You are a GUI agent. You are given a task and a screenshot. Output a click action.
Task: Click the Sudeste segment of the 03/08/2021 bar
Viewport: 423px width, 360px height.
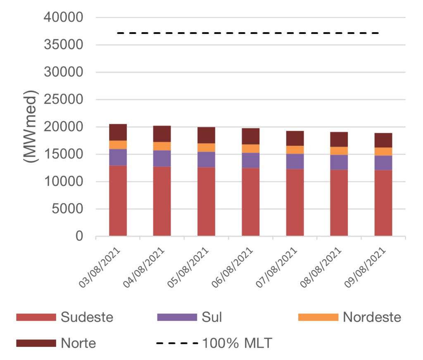click(x=118, y=201)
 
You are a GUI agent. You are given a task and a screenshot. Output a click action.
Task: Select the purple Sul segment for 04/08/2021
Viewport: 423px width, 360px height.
click(x=162, y=159)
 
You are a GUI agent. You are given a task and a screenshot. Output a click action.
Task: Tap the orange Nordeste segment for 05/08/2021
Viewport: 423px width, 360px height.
click(x=206, y=147)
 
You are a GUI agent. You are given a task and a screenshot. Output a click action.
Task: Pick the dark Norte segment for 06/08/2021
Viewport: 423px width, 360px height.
click(x=251, y=136)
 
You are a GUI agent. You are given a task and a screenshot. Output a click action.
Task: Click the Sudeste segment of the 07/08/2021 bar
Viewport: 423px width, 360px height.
click(x=295, y=202)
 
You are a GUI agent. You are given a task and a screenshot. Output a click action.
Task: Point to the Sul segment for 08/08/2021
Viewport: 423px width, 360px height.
click(x=339, y=162)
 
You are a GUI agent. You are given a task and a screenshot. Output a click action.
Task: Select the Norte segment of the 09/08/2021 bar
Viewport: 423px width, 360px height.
click(x=383, y=140)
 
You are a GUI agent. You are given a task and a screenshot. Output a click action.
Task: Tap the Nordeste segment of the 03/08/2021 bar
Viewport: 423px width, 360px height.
click(x=118, y=144)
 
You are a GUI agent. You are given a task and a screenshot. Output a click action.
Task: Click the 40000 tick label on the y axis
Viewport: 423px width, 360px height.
click(x=64, y=18)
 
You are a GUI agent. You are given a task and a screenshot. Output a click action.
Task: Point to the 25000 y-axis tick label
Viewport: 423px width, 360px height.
click(x=64, y=100)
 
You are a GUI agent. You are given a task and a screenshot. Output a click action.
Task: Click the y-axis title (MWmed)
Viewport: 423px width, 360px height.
click(x=30, y=126)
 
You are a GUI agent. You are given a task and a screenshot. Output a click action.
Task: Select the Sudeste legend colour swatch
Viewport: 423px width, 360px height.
click(x=36, y=317)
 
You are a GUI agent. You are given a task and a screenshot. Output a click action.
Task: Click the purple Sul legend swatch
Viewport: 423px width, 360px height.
click(x=177, y=317)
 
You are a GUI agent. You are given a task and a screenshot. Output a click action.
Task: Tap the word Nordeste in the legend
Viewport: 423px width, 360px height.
click(x=372, y=317)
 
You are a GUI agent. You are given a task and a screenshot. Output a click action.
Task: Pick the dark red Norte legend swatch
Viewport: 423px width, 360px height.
click(x=36, y=343)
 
